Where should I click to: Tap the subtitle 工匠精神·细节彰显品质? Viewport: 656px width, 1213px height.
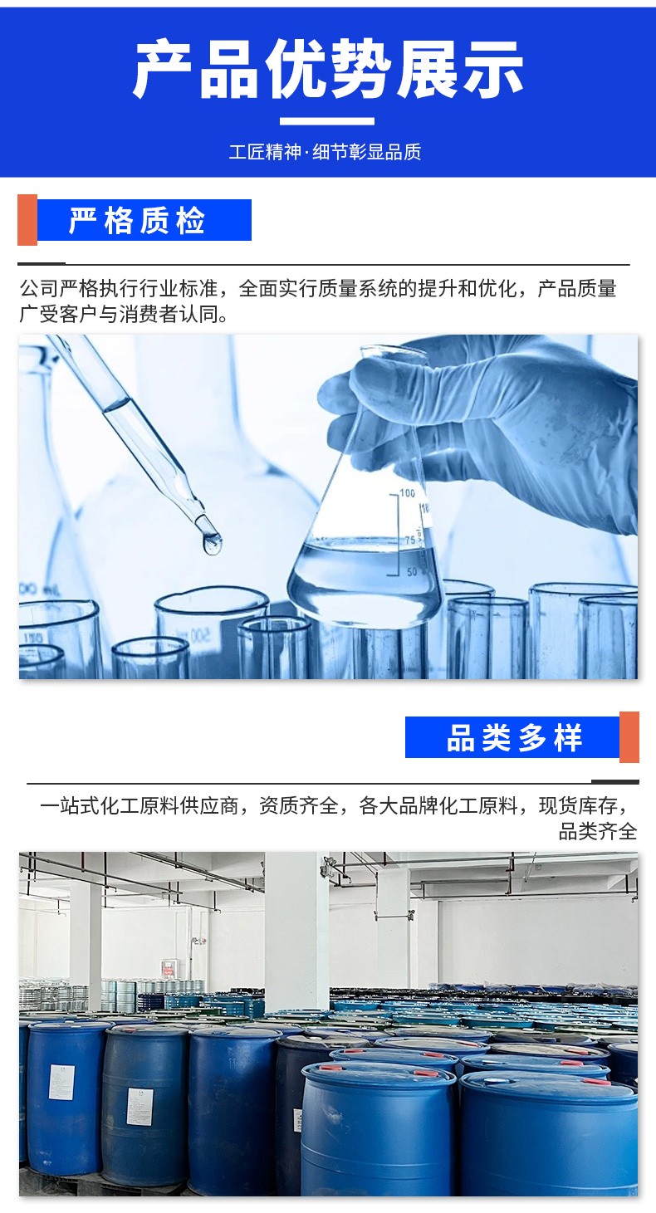[x=325, y=152]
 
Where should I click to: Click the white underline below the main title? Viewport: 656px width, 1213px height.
[x=327, y=121]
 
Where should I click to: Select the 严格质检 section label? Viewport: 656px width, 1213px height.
[x=137, y=220]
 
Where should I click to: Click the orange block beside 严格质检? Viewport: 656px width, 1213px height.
[x=27, y=220]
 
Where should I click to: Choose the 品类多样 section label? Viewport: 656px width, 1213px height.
[x=514, y=737]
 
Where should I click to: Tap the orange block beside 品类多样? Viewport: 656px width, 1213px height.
[x=629, y=737]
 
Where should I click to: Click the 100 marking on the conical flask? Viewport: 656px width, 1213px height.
[x=408, y=493]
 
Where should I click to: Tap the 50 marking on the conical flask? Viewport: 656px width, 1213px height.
[x=412, y=572]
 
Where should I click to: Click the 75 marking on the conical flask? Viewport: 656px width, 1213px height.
[x=410, y=540]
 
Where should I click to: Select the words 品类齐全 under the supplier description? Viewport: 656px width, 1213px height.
[x=598, y=831]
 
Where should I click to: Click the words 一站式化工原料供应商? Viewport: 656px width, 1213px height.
[x=140, y=806]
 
